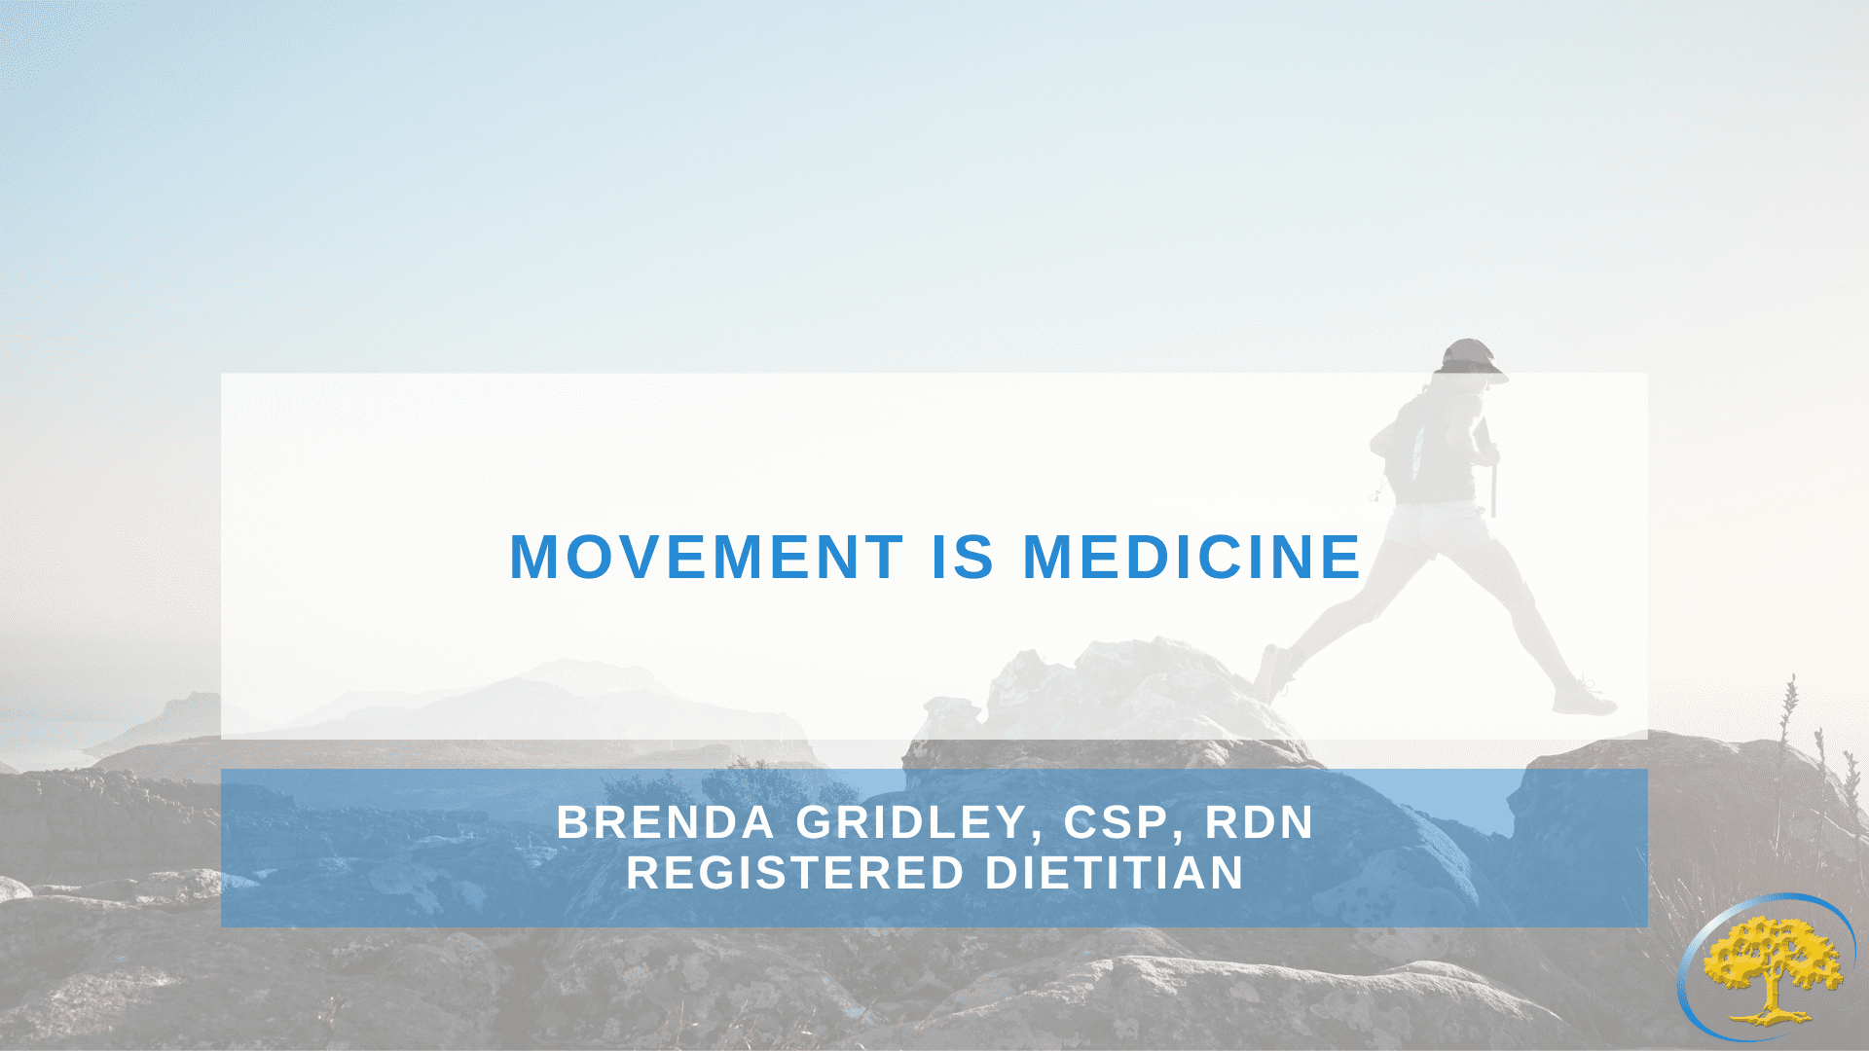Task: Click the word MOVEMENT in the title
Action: point(707,557)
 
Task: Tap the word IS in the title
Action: point(963,557)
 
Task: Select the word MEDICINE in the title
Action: point(1191,557)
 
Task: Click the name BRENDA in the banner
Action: point(665,822)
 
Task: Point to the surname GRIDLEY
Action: point(912,822)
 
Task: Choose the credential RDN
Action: point(1260,822)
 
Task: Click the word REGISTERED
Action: point(794,873)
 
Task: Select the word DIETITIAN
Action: point(1115,873)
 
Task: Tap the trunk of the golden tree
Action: point(1774,997)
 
